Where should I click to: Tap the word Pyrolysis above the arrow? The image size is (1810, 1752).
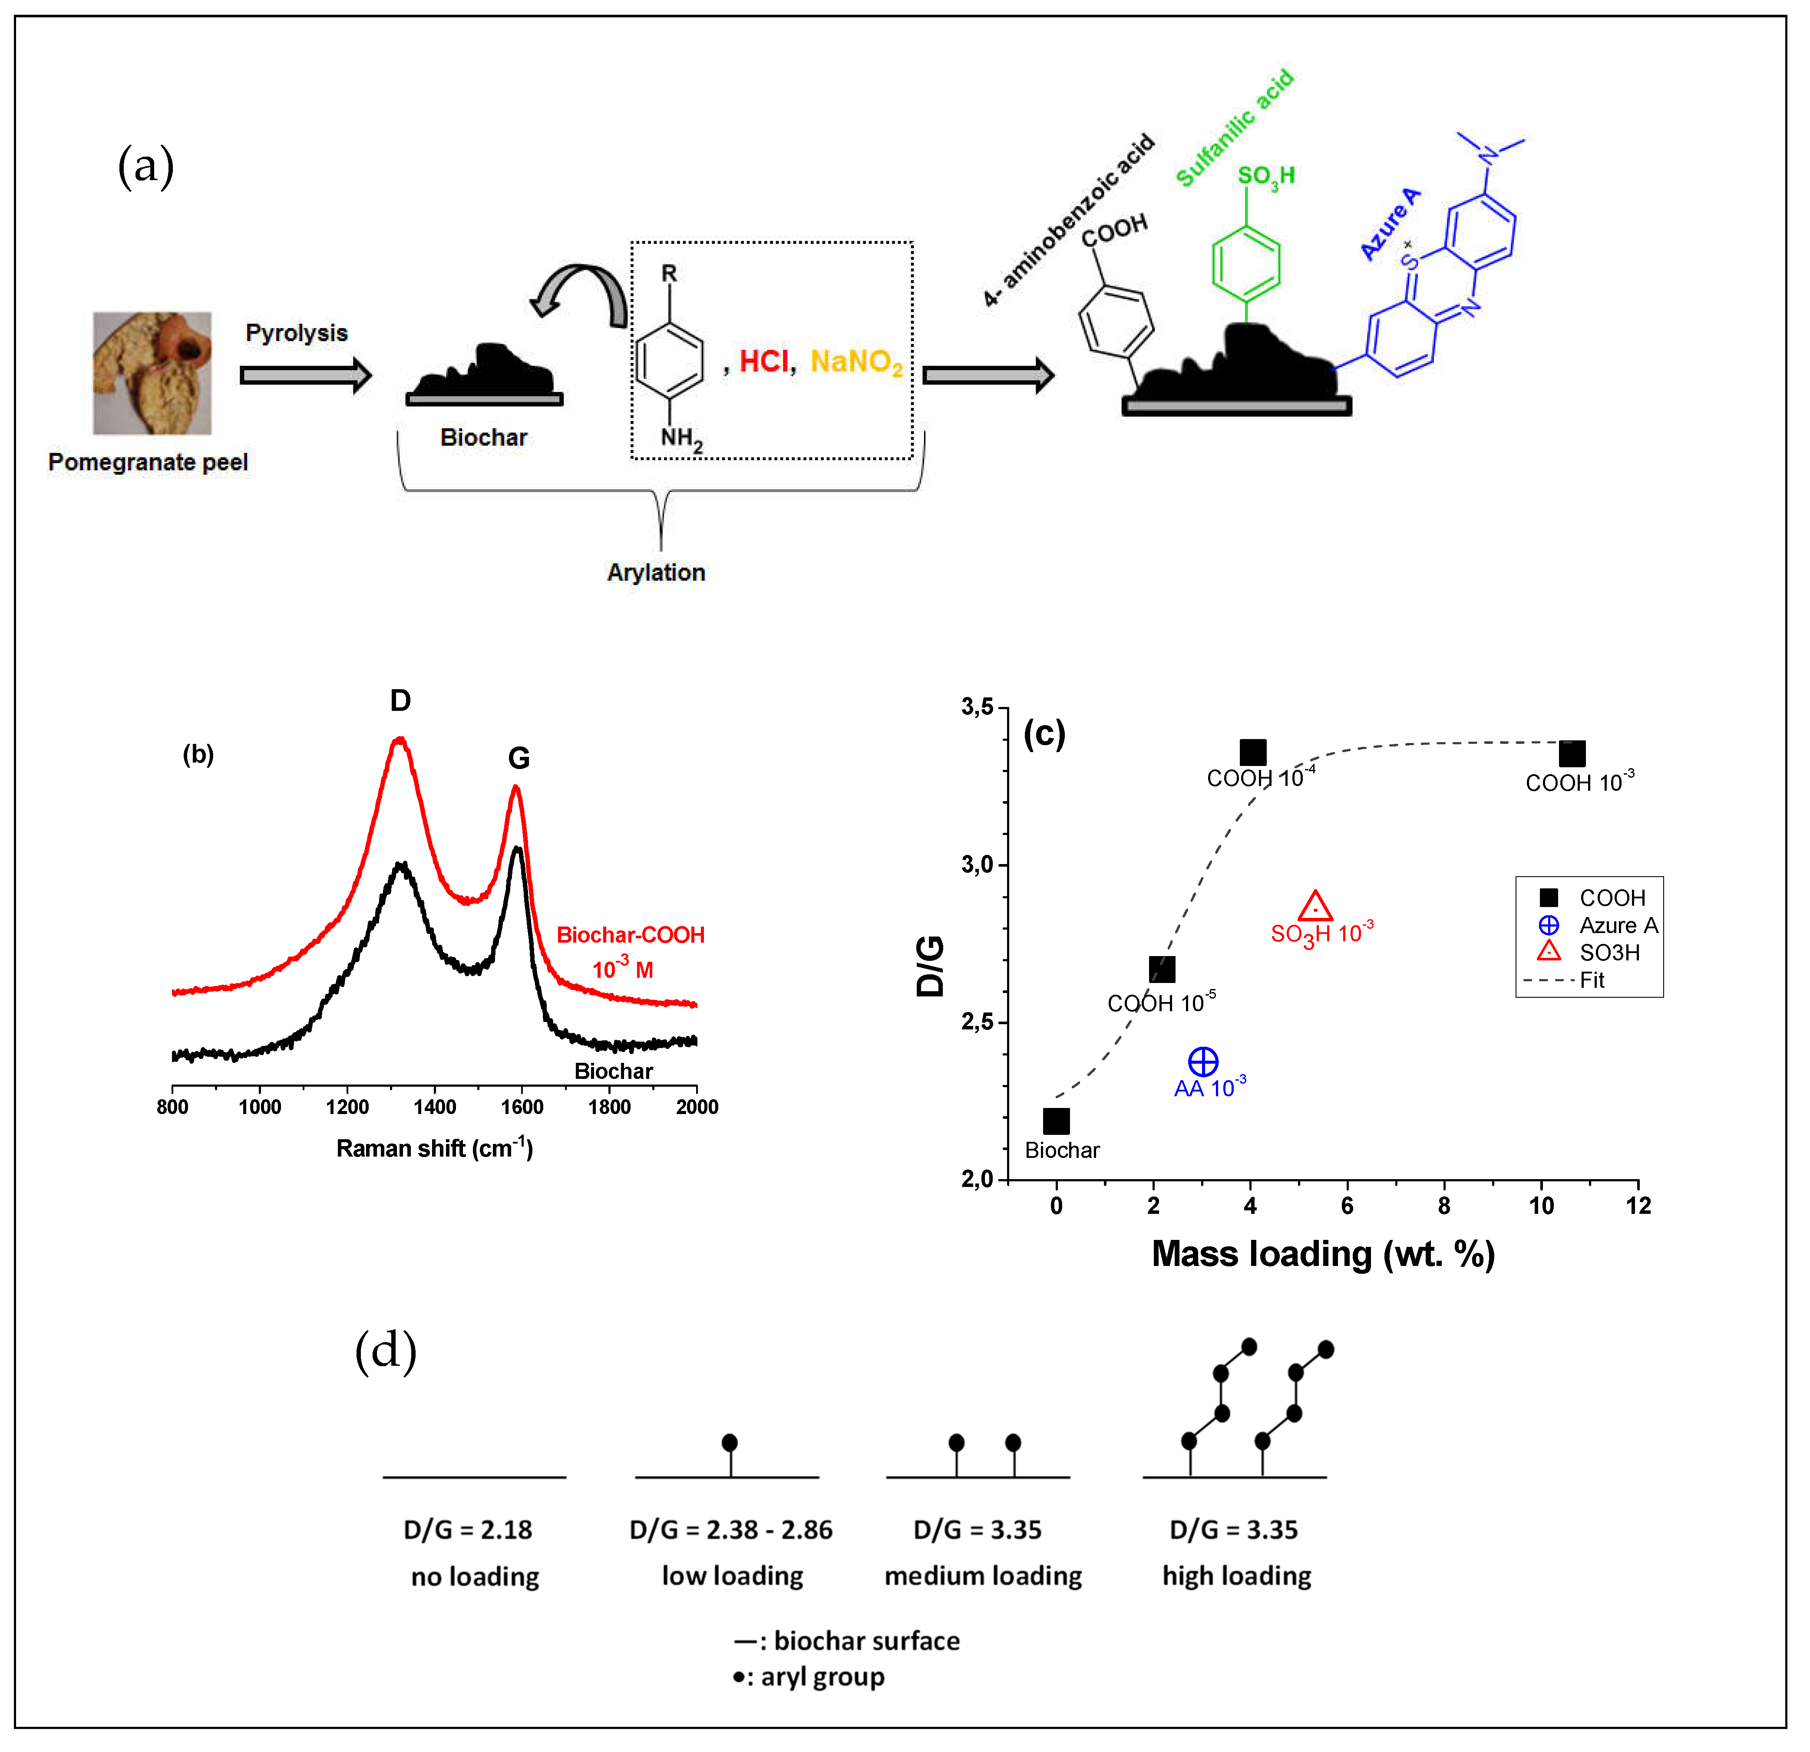297,333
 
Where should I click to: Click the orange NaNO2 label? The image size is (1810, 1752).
856,362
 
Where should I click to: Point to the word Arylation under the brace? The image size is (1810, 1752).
656,572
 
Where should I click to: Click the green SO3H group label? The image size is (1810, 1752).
1265,176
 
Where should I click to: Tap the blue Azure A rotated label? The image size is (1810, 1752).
1390,224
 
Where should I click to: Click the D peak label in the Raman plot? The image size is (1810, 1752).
400,700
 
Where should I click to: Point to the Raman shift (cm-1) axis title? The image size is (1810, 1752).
434,1148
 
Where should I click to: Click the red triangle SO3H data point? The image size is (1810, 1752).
1315,907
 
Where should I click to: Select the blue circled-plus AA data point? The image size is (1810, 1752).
1202,1062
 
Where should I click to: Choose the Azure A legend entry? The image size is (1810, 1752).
1618,925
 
